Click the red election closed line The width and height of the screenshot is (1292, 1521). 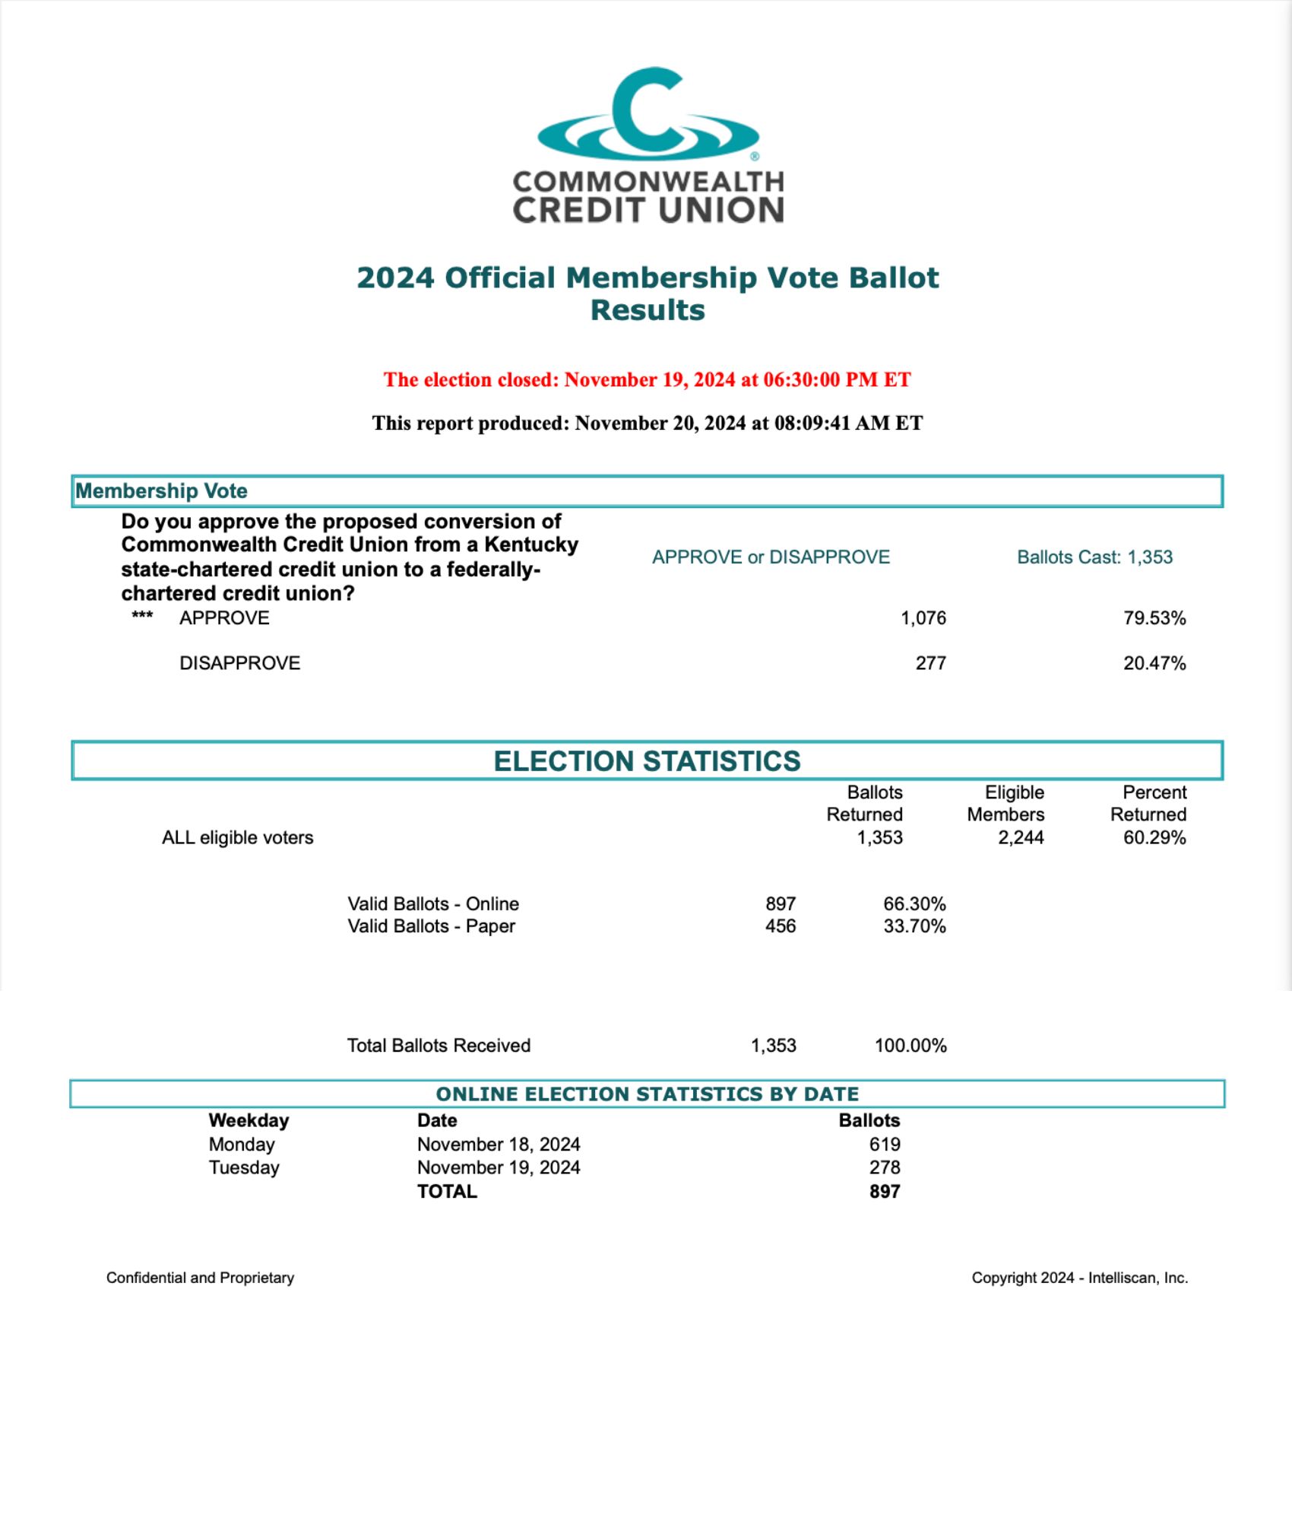[647, 379]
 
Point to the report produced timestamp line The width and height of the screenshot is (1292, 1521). [647, 423]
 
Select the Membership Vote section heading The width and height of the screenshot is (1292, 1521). [161, 491]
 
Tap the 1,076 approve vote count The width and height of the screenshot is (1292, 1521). [923, 618]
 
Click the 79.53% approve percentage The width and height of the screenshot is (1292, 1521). [1154, 618]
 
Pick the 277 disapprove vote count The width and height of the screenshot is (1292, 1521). [930, 663]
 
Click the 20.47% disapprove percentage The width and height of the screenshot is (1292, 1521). [1154, 663]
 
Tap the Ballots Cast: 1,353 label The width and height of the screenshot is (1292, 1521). [1094, 557]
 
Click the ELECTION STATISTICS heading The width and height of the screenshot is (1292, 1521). [647, 761]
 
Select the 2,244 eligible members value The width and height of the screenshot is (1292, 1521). [1021, 838]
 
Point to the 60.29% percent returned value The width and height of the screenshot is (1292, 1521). [1154, 838]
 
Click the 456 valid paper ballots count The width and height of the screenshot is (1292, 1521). [781, 926]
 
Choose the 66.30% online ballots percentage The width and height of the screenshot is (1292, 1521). [914, 904]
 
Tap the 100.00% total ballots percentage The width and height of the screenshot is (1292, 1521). [910, 1046]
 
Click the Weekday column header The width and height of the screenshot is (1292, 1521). [249, 1120]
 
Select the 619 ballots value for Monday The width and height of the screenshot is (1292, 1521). [885, 1145]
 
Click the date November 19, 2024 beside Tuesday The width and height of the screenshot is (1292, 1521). [499, 1167]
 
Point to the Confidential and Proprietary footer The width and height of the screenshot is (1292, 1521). [200, 1278]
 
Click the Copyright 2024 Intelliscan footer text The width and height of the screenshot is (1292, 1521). [1079, 1278]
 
